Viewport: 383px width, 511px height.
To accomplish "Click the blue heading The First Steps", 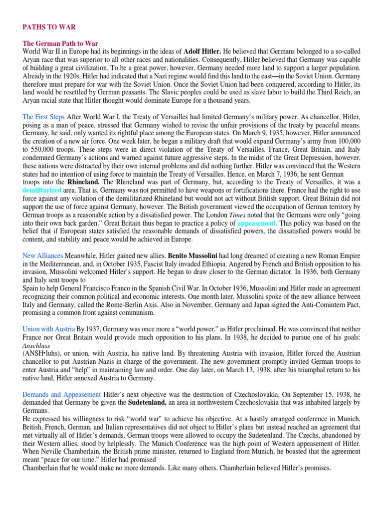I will pos(44,117).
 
